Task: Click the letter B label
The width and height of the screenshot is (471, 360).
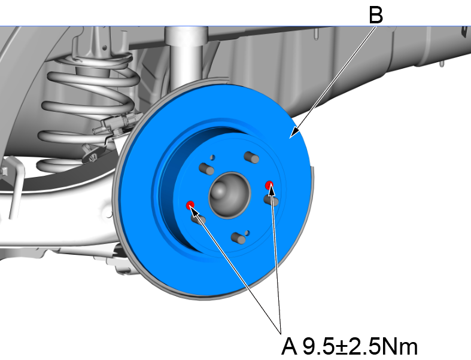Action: pos(375,14)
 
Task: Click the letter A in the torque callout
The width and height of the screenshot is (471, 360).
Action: pos(290,346)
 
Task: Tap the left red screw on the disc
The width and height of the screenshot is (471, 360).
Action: pos(191,205)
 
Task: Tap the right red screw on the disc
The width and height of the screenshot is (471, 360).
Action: pos(269,185)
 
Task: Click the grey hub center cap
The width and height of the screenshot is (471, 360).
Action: pos(228,193)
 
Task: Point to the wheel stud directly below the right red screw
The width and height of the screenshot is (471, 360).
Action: pos(272,200)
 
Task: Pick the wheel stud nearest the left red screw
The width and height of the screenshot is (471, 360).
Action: pos(198,219)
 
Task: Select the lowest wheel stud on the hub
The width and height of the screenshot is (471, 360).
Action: pos(238,239)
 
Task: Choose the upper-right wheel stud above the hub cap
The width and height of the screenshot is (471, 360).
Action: pos(250,157)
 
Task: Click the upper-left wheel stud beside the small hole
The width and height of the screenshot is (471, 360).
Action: pos(206,168)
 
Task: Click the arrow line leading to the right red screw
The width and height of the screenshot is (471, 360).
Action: pos(276,257)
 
